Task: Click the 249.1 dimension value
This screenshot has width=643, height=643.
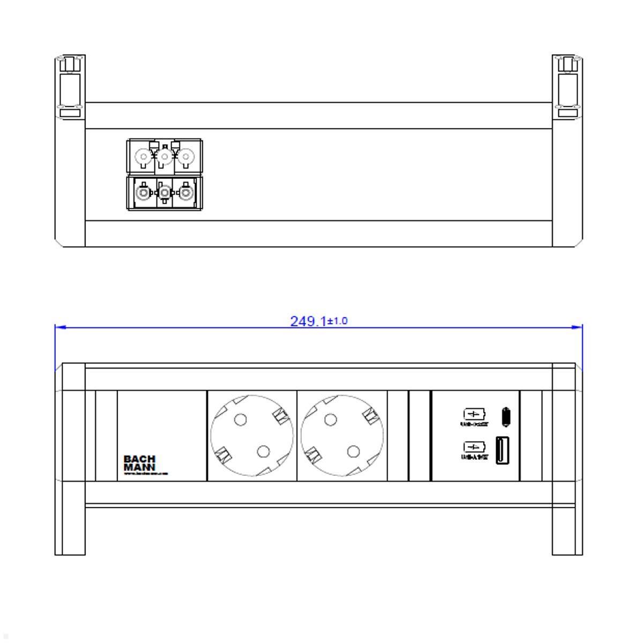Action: point(308,322)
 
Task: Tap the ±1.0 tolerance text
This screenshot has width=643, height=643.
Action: point(338,321)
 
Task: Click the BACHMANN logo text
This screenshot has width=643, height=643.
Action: point(140,463)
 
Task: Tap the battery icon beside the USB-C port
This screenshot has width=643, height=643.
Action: point(474,414)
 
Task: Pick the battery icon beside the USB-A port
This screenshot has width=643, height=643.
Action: point(474,446)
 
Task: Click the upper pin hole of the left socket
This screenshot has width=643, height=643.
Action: point(241,420)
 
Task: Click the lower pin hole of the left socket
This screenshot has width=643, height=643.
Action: point(263,452)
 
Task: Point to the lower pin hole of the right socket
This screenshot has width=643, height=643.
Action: point(353,452)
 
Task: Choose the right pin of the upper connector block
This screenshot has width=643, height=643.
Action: point(185,157)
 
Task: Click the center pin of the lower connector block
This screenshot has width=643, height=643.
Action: point(165,192)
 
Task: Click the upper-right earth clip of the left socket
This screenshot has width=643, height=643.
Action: point(280,415)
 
